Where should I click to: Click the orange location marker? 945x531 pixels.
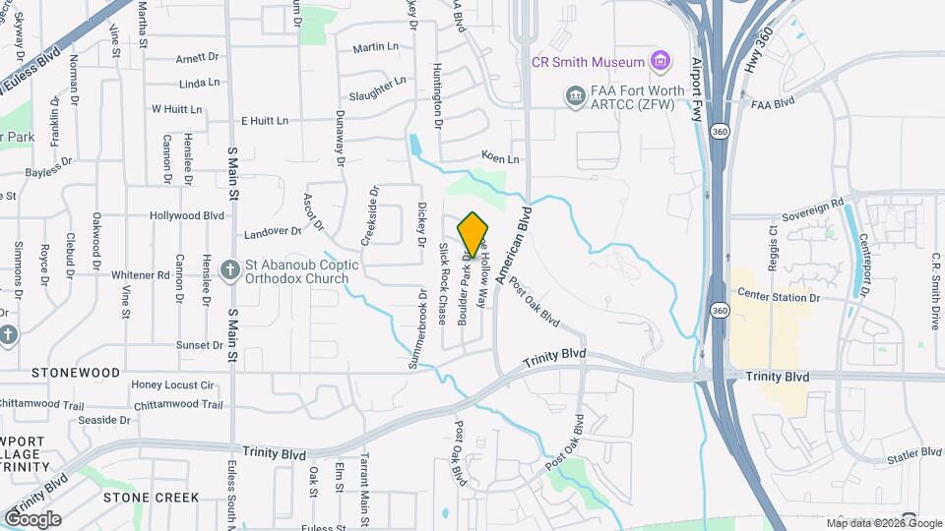click(x=473, y=234)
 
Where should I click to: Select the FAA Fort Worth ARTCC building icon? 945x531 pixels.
click(x=573, y=95)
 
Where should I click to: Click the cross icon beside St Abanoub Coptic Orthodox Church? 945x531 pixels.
click(x=230, y=268)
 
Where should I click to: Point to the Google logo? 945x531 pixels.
click(x=31, y=518)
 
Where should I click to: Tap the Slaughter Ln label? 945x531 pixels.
click(x=377, y=89)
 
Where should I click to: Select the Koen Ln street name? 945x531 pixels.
click(x=499, y=157)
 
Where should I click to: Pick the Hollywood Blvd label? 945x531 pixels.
click(x=181, y=214)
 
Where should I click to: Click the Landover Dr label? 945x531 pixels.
click(x=272, y=231)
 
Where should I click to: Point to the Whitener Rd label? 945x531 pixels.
click(x=140, y=275)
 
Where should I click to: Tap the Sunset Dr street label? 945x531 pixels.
click(x=199, y=345)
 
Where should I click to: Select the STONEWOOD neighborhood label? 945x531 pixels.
click(x=75, y=373)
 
